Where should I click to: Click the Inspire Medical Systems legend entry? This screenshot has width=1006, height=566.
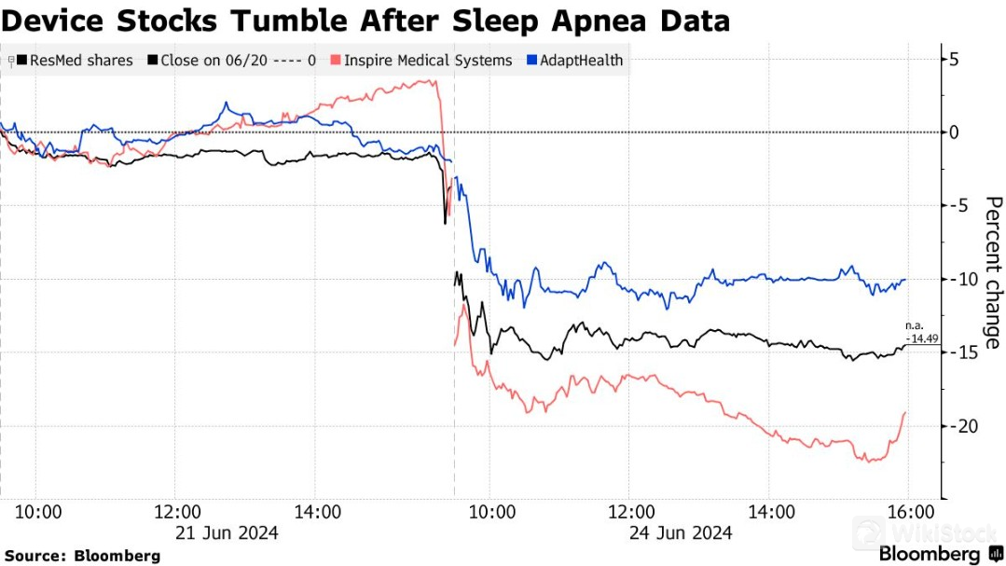[x=428, y=61]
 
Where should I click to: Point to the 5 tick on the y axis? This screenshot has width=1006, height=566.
[x=954, y=60]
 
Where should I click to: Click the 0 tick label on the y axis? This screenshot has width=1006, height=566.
[x=954, y=132]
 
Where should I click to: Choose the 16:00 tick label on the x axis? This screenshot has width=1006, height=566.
[x=909, y=511]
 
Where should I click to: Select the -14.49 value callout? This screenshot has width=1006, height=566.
[x=919, y=338]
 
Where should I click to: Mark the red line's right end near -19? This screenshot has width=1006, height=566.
[x=905, y=412]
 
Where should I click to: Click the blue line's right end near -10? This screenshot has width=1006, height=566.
[x=904, y=280]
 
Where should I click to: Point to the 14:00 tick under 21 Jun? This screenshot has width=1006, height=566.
[x=316, y=511]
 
